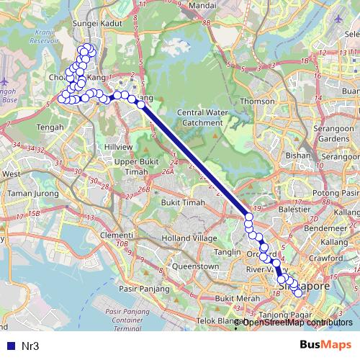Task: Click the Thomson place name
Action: click(258, 102)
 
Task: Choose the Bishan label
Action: click(297, 155)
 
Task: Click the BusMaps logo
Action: click(325, 346)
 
